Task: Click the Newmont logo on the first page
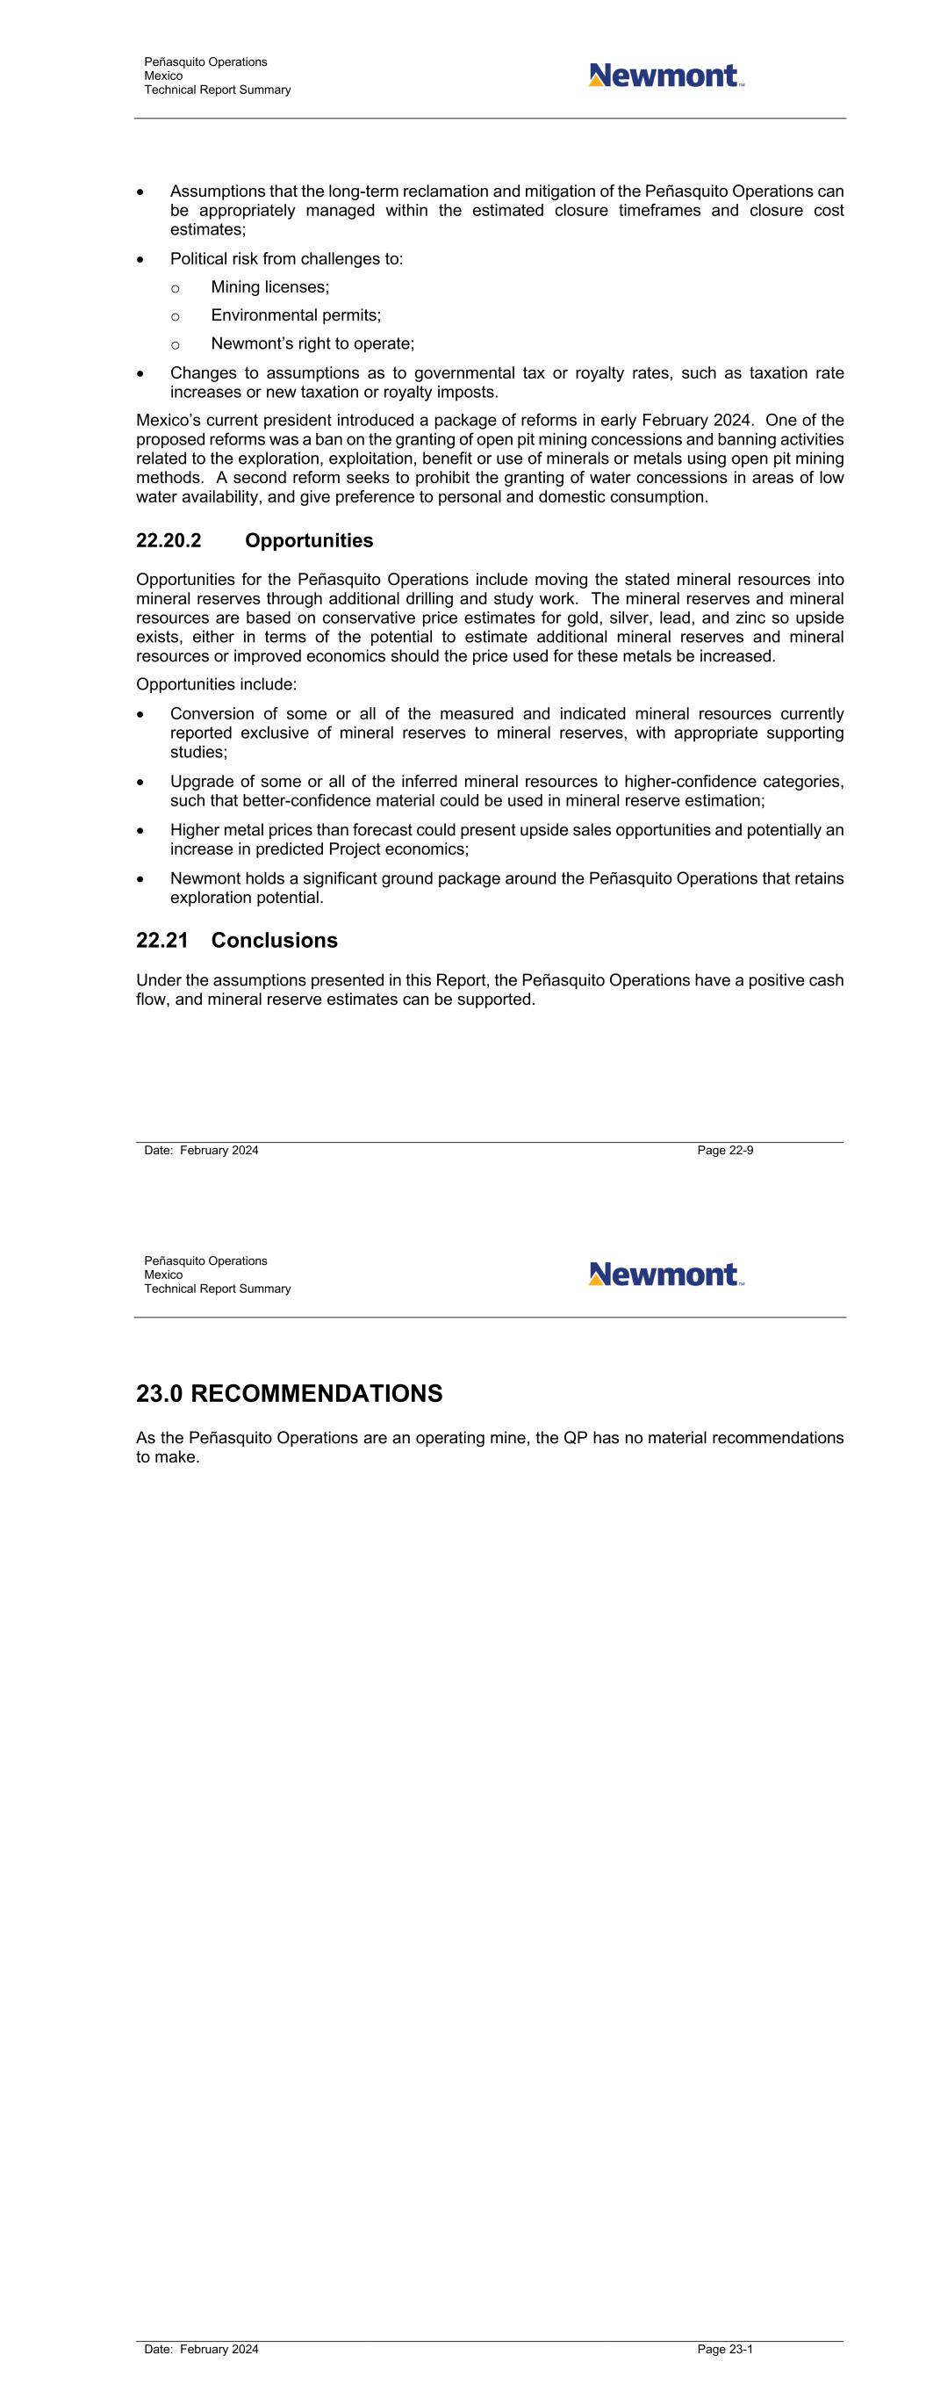[665, 76]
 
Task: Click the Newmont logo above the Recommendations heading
[665, 1275]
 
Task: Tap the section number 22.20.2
[169, 541]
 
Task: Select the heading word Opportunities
[309, 541]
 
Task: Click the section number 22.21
[162, 940]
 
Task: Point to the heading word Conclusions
[275, 940]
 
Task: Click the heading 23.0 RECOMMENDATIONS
[290, 1393]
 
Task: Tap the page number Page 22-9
[725, 1151]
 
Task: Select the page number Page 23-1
[725, 2350]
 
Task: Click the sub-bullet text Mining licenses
[269, 287]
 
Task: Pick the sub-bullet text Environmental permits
[296, 315]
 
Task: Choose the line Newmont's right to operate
[312, 343]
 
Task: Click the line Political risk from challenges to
[287, 259]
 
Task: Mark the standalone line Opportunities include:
[217, 684]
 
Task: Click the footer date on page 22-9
[201, 1151]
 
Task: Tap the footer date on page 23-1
[201, 2350]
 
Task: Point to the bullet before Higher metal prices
[140, 830]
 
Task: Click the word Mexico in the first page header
[164, 76]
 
